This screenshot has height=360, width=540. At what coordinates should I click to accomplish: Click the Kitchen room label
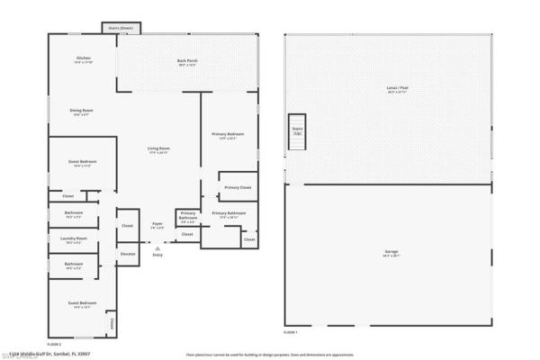83,58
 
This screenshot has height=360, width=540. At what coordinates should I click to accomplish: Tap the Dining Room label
82,111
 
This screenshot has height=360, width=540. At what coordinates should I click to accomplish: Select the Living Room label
159,148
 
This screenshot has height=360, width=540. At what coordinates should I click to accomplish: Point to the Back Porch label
187,61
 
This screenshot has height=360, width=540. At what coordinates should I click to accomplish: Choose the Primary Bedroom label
228,135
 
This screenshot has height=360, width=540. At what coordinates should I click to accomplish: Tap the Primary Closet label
238,187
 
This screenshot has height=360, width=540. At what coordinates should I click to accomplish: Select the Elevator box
128,255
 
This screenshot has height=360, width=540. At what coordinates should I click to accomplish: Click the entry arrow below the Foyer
157,247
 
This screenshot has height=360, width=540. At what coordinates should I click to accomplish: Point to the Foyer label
157,224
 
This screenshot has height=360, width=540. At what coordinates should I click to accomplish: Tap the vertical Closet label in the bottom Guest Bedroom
111,322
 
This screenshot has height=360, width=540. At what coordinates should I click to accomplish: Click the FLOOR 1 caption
290,333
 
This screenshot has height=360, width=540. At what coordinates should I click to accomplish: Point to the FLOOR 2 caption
54,344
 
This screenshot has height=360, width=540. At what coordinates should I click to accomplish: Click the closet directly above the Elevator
127,225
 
